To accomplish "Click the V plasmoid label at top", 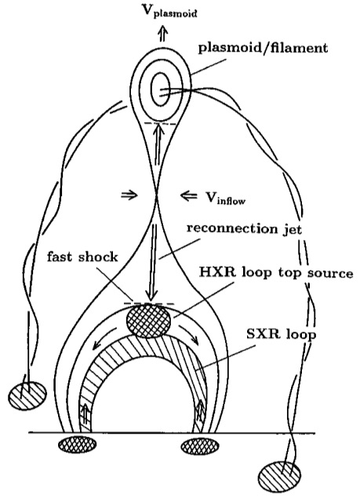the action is click(x=170, y=11).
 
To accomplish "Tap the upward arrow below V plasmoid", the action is click(x=164, y=33).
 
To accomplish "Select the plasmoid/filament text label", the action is click(x=263, y=49).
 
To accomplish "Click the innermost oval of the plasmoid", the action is click(x=161, y=89).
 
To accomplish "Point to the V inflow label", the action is click(x=225, y=198).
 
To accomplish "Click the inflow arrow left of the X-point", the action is click(x=129, y=195).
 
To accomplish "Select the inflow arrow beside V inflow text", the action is click(x=189, y=195).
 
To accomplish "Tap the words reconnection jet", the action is click(x=244, y=229).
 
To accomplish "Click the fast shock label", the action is click(x=82, y=256).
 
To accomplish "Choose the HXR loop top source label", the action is click(x=276, y=273).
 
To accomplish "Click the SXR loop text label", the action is click(x=282, y=334).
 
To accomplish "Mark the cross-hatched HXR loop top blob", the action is click(x=148, y=320).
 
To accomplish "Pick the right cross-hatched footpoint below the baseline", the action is click(x=200, y=445).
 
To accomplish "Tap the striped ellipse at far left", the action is click(x=27, y=395).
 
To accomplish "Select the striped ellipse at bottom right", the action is click(x=279, y=476).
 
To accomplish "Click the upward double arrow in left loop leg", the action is click(x=85, y=414).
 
